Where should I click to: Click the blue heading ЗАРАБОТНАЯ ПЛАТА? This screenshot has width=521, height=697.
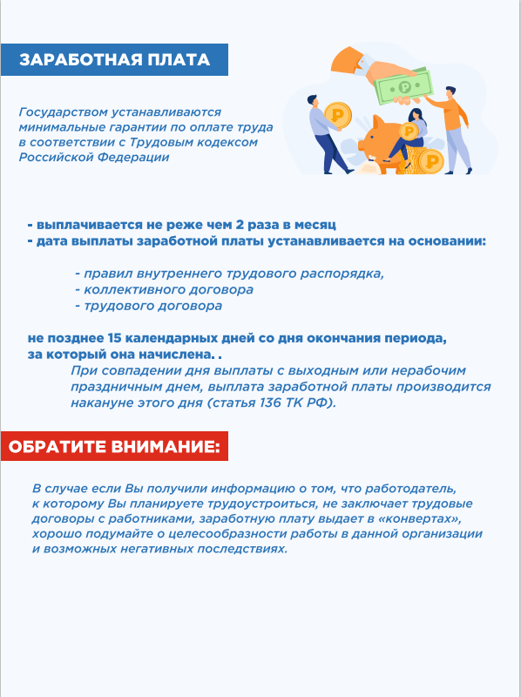click(114, 60)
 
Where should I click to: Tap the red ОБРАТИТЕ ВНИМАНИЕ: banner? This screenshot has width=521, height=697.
click(114, 447)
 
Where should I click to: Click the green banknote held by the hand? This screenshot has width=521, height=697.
click(403, 86)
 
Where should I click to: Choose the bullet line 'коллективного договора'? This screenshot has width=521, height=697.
click(168, 289)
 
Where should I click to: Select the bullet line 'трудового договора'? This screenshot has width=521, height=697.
click(152, 306)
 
